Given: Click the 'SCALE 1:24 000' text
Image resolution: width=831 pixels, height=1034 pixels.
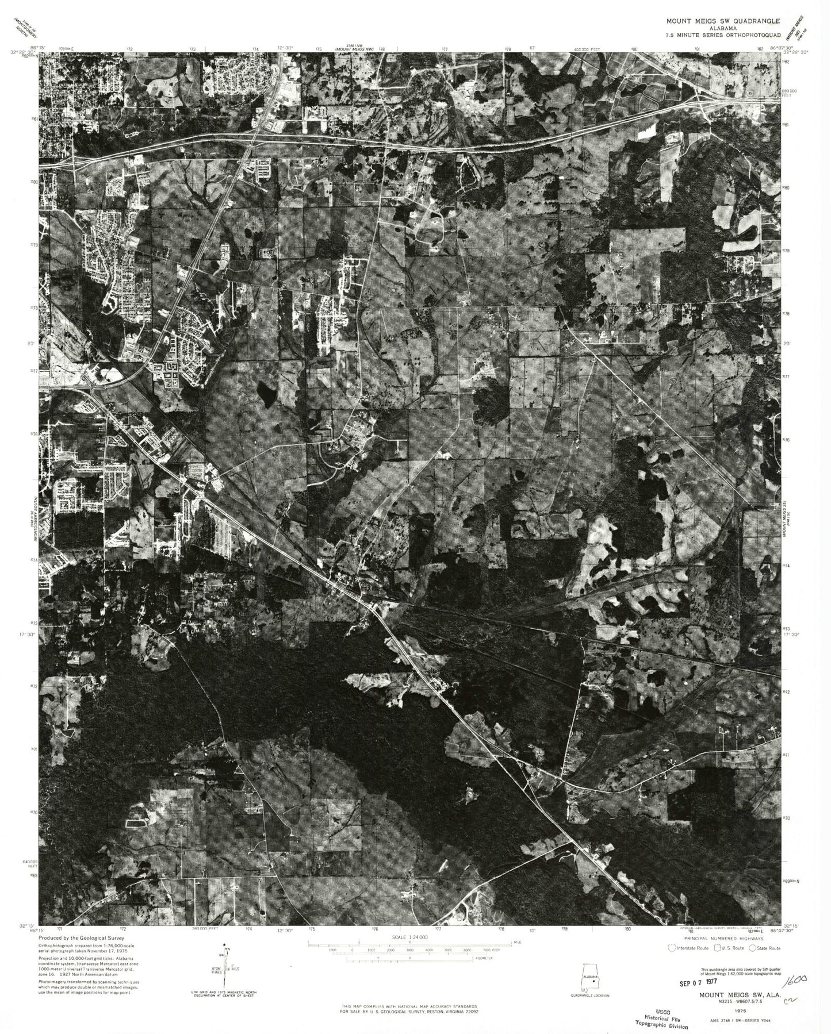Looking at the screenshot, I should [410, 937].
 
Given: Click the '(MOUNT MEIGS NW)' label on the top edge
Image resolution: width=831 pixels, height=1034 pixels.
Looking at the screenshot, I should [354, 50].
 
